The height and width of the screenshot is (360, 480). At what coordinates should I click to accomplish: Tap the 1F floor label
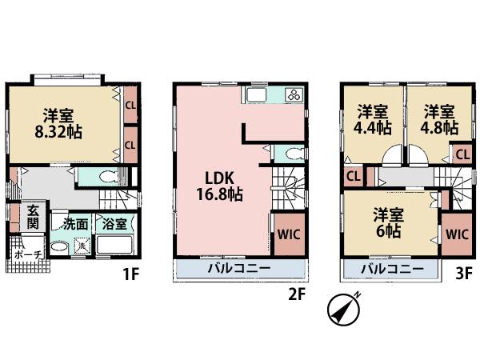click(x=131, y=274)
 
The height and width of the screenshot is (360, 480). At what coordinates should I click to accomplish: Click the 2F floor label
click(x=297, y=294)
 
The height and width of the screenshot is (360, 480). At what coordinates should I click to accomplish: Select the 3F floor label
click(x=464, y=274)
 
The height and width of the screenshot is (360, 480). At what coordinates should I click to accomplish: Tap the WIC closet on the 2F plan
click(x=288, y=234)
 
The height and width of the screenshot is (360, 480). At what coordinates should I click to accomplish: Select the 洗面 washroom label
click(x=76, y=225)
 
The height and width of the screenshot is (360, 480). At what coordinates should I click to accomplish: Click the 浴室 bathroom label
click(x=115, y=225)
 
